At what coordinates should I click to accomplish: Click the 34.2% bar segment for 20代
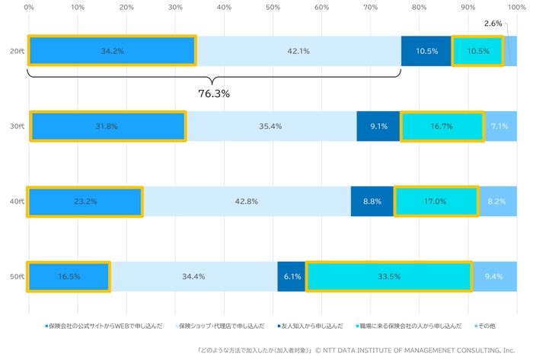(112, 51)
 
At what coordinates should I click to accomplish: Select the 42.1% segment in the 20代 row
(298, 51)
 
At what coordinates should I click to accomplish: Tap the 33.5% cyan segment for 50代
(389, 276)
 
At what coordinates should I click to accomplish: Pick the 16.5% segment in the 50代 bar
(69, 276)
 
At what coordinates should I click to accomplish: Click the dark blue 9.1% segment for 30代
(378, 126)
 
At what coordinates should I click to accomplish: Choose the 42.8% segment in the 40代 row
(247, 202)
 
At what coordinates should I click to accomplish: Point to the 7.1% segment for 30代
(499, 126)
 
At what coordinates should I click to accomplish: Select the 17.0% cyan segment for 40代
(436, 202)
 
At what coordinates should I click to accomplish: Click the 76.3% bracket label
(214, 94)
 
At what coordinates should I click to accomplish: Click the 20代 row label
(16, 51)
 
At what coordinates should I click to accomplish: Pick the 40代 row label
(16, 202)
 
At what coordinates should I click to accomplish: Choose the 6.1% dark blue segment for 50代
(292, 276)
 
